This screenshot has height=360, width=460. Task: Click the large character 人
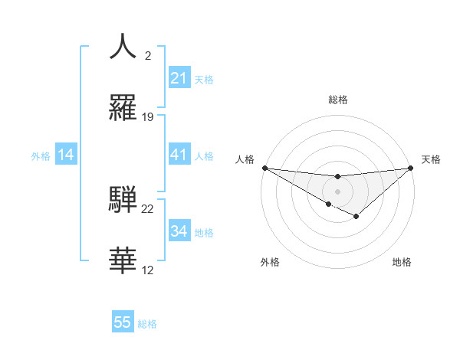click(x=123, y=47)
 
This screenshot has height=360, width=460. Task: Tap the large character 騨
click(x=123, y=199)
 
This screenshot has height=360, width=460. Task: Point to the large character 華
click(x=123, y=260)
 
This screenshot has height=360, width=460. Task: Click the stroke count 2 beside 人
click(x=147, y=56)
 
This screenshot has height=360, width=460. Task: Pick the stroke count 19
click(x=148, y=117)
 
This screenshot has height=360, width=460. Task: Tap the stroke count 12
click(x=148, y=270)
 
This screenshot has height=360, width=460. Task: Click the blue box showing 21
click(x=179, y=78)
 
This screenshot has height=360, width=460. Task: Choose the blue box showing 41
click(x=179, y=155)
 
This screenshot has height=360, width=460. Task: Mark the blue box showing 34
click(x=179, y=231)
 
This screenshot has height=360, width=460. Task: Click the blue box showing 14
click(x=66, y=155)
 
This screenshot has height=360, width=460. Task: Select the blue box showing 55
click(x=123, y=322)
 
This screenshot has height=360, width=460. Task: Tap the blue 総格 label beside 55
click(x=147, y=324)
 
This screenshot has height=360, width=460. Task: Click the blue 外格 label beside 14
click(x=41, y=156)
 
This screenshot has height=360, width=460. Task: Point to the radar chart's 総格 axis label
click(x=338, y=100)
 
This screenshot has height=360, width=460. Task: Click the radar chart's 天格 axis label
click(x=432, y=159)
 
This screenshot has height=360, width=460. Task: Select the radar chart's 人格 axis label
click(x=245, y=159)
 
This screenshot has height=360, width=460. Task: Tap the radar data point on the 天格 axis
click(x=412, y=168)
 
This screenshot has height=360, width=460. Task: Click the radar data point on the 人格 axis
click(x=264, y=168)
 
